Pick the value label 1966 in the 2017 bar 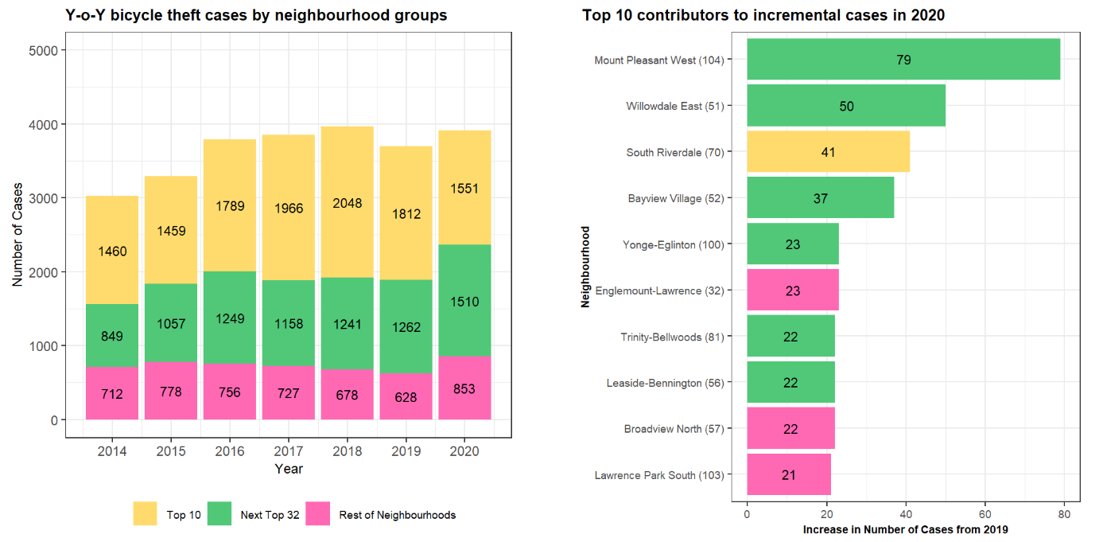pyautogui.click(x=289, y=208)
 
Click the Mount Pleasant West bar pyautogui.click(x=903, y=60)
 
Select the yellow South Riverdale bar pyautogui.click(x=828, y=152)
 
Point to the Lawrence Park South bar pyautogui.click(x=788, y=475)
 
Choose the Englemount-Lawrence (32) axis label pyautogui.click(x=659, y=290)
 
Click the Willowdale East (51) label pyautogui.click(x=674, y=106)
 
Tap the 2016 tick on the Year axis pyautogui.click(x=230, y=451)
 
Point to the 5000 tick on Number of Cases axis pyautogui.click(x=52, y=50)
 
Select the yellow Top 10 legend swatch pyautogui.click(x=146, y=514)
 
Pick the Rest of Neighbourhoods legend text pyautogui.click(x=397, y=515)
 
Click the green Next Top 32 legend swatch pyautogui.click(x=219, y=514)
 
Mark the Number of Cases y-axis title pyautogui.click(x=17, y=236)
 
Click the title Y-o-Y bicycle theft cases pyautogui.click(x=255, y=15)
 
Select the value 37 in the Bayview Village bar pyautogui.click(x=820, y=198)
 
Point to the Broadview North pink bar pyautogui.click(x=791, y=429)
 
